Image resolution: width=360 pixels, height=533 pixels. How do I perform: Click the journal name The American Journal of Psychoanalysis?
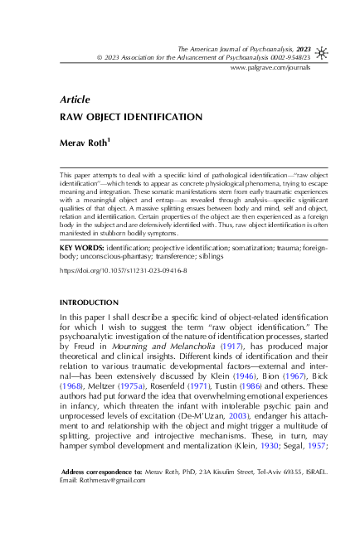(230, 50)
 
